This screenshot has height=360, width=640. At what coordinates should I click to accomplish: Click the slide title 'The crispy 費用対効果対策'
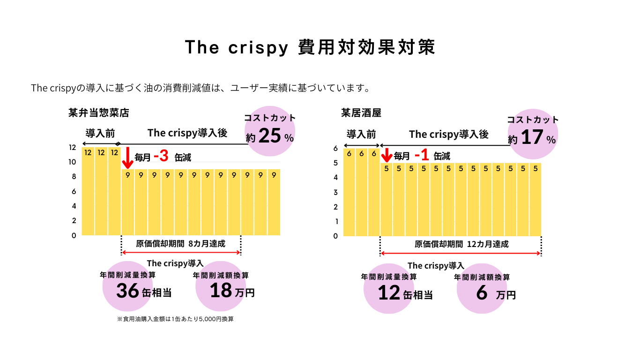310,47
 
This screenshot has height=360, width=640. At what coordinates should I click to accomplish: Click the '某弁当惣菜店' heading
98,113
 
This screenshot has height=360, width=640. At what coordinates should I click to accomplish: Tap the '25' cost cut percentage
269,136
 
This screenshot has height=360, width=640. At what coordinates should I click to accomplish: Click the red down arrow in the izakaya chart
387,155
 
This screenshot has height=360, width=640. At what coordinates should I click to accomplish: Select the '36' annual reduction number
127,291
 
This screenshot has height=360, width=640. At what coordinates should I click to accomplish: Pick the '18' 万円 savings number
221,291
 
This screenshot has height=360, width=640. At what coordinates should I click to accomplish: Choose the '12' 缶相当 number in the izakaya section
389,293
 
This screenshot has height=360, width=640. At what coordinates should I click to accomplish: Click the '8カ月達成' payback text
207,244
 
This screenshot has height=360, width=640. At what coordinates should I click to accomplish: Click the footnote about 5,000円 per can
175,319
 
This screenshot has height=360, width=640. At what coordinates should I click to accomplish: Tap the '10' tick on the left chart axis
72,162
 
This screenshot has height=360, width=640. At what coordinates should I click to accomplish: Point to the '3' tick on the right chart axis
335,192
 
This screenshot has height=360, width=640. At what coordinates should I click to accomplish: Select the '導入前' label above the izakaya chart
361,135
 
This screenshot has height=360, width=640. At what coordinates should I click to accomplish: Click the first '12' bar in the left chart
88,192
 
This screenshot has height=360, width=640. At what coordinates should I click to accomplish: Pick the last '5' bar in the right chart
535,199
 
